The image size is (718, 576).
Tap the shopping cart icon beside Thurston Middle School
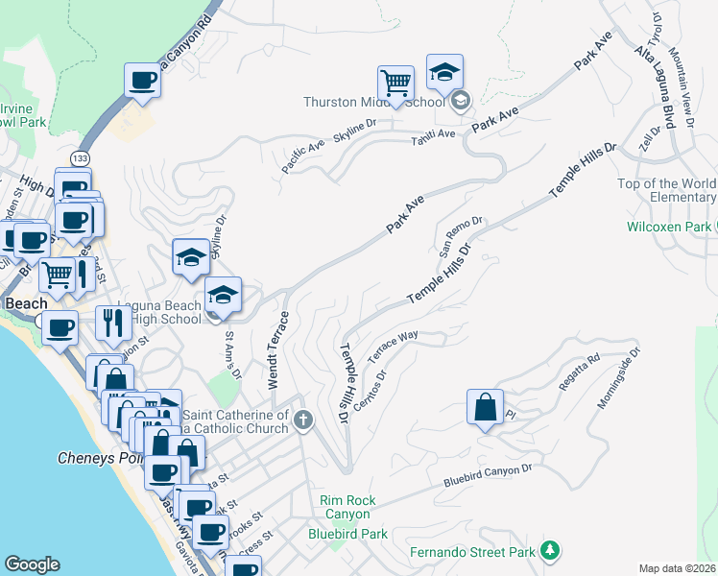pos(395,83)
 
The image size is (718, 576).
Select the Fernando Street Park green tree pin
pos(549,550)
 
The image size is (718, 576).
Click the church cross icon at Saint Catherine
pos(304,419)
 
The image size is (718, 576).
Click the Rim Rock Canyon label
pos(348,506)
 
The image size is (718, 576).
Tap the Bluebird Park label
pos(347,534)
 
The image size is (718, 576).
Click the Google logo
pos(32,564)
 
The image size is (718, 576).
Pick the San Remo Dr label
pos(460,236)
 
